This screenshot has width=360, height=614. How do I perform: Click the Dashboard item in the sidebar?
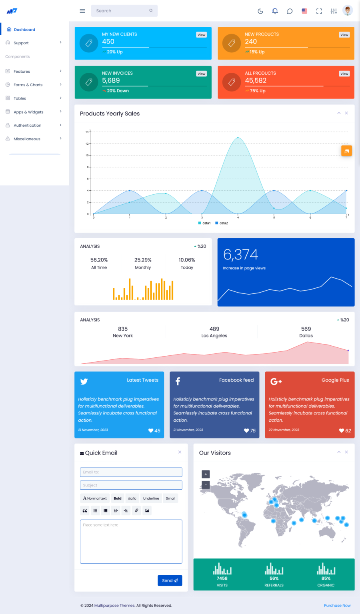(x=24, y=30)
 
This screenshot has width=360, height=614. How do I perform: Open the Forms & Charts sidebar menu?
(x=28, y=85)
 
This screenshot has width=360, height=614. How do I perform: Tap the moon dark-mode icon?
(x=260, y=11)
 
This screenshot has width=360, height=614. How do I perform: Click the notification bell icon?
(x=275, y=11)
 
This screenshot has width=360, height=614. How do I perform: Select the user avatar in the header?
(x=348, y=11)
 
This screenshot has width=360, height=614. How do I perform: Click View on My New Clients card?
(x=201, y=35)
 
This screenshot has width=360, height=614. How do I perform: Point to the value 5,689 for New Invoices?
(x=111, y=81)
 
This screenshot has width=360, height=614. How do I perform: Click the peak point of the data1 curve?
(x=238, y=138)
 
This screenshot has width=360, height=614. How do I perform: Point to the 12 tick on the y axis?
(x=87, y=144)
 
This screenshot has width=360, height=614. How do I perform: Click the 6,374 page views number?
(x=240, y=255)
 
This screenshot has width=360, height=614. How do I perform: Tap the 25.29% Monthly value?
(x=143, y=260)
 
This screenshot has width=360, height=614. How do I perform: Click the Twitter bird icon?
(x=84, y=381)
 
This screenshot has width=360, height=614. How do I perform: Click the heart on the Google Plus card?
(x=342, y=431)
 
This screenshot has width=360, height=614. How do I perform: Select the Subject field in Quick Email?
(x=131, y=485)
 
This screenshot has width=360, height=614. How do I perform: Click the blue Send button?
(x=170, y=580)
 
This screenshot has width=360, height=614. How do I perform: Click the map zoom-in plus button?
(x=206, y=474)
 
